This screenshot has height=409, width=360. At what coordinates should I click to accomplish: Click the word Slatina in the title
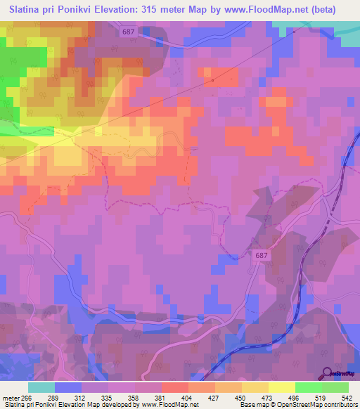click(27, 10)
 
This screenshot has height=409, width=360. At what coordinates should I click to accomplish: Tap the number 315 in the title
click(158, 10)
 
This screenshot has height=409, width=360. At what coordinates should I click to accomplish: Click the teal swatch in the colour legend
click(41, 387)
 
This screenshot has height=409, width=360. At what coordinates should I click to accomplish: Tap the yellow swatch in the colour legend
click(281, 387)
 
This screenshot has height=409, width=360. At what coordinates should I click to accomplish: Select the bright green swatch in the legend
click(308, 387)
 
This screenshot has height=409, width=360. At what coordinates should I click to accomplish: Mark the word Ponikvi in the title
click(72, 10)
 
